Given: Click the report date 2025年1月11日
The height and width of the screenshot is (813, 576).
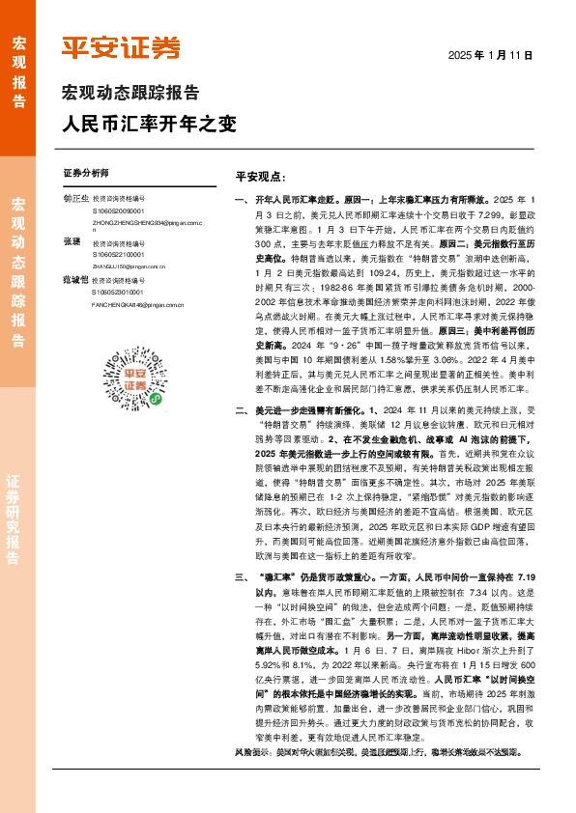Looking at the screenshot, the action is (x=490, y=56).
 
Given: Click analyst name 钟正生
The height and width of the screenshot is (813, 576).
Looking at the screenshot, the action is (x=75, y=199).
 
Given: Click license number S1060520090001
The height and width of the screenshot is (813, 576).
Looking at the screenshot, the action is (x=118, y=210).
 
